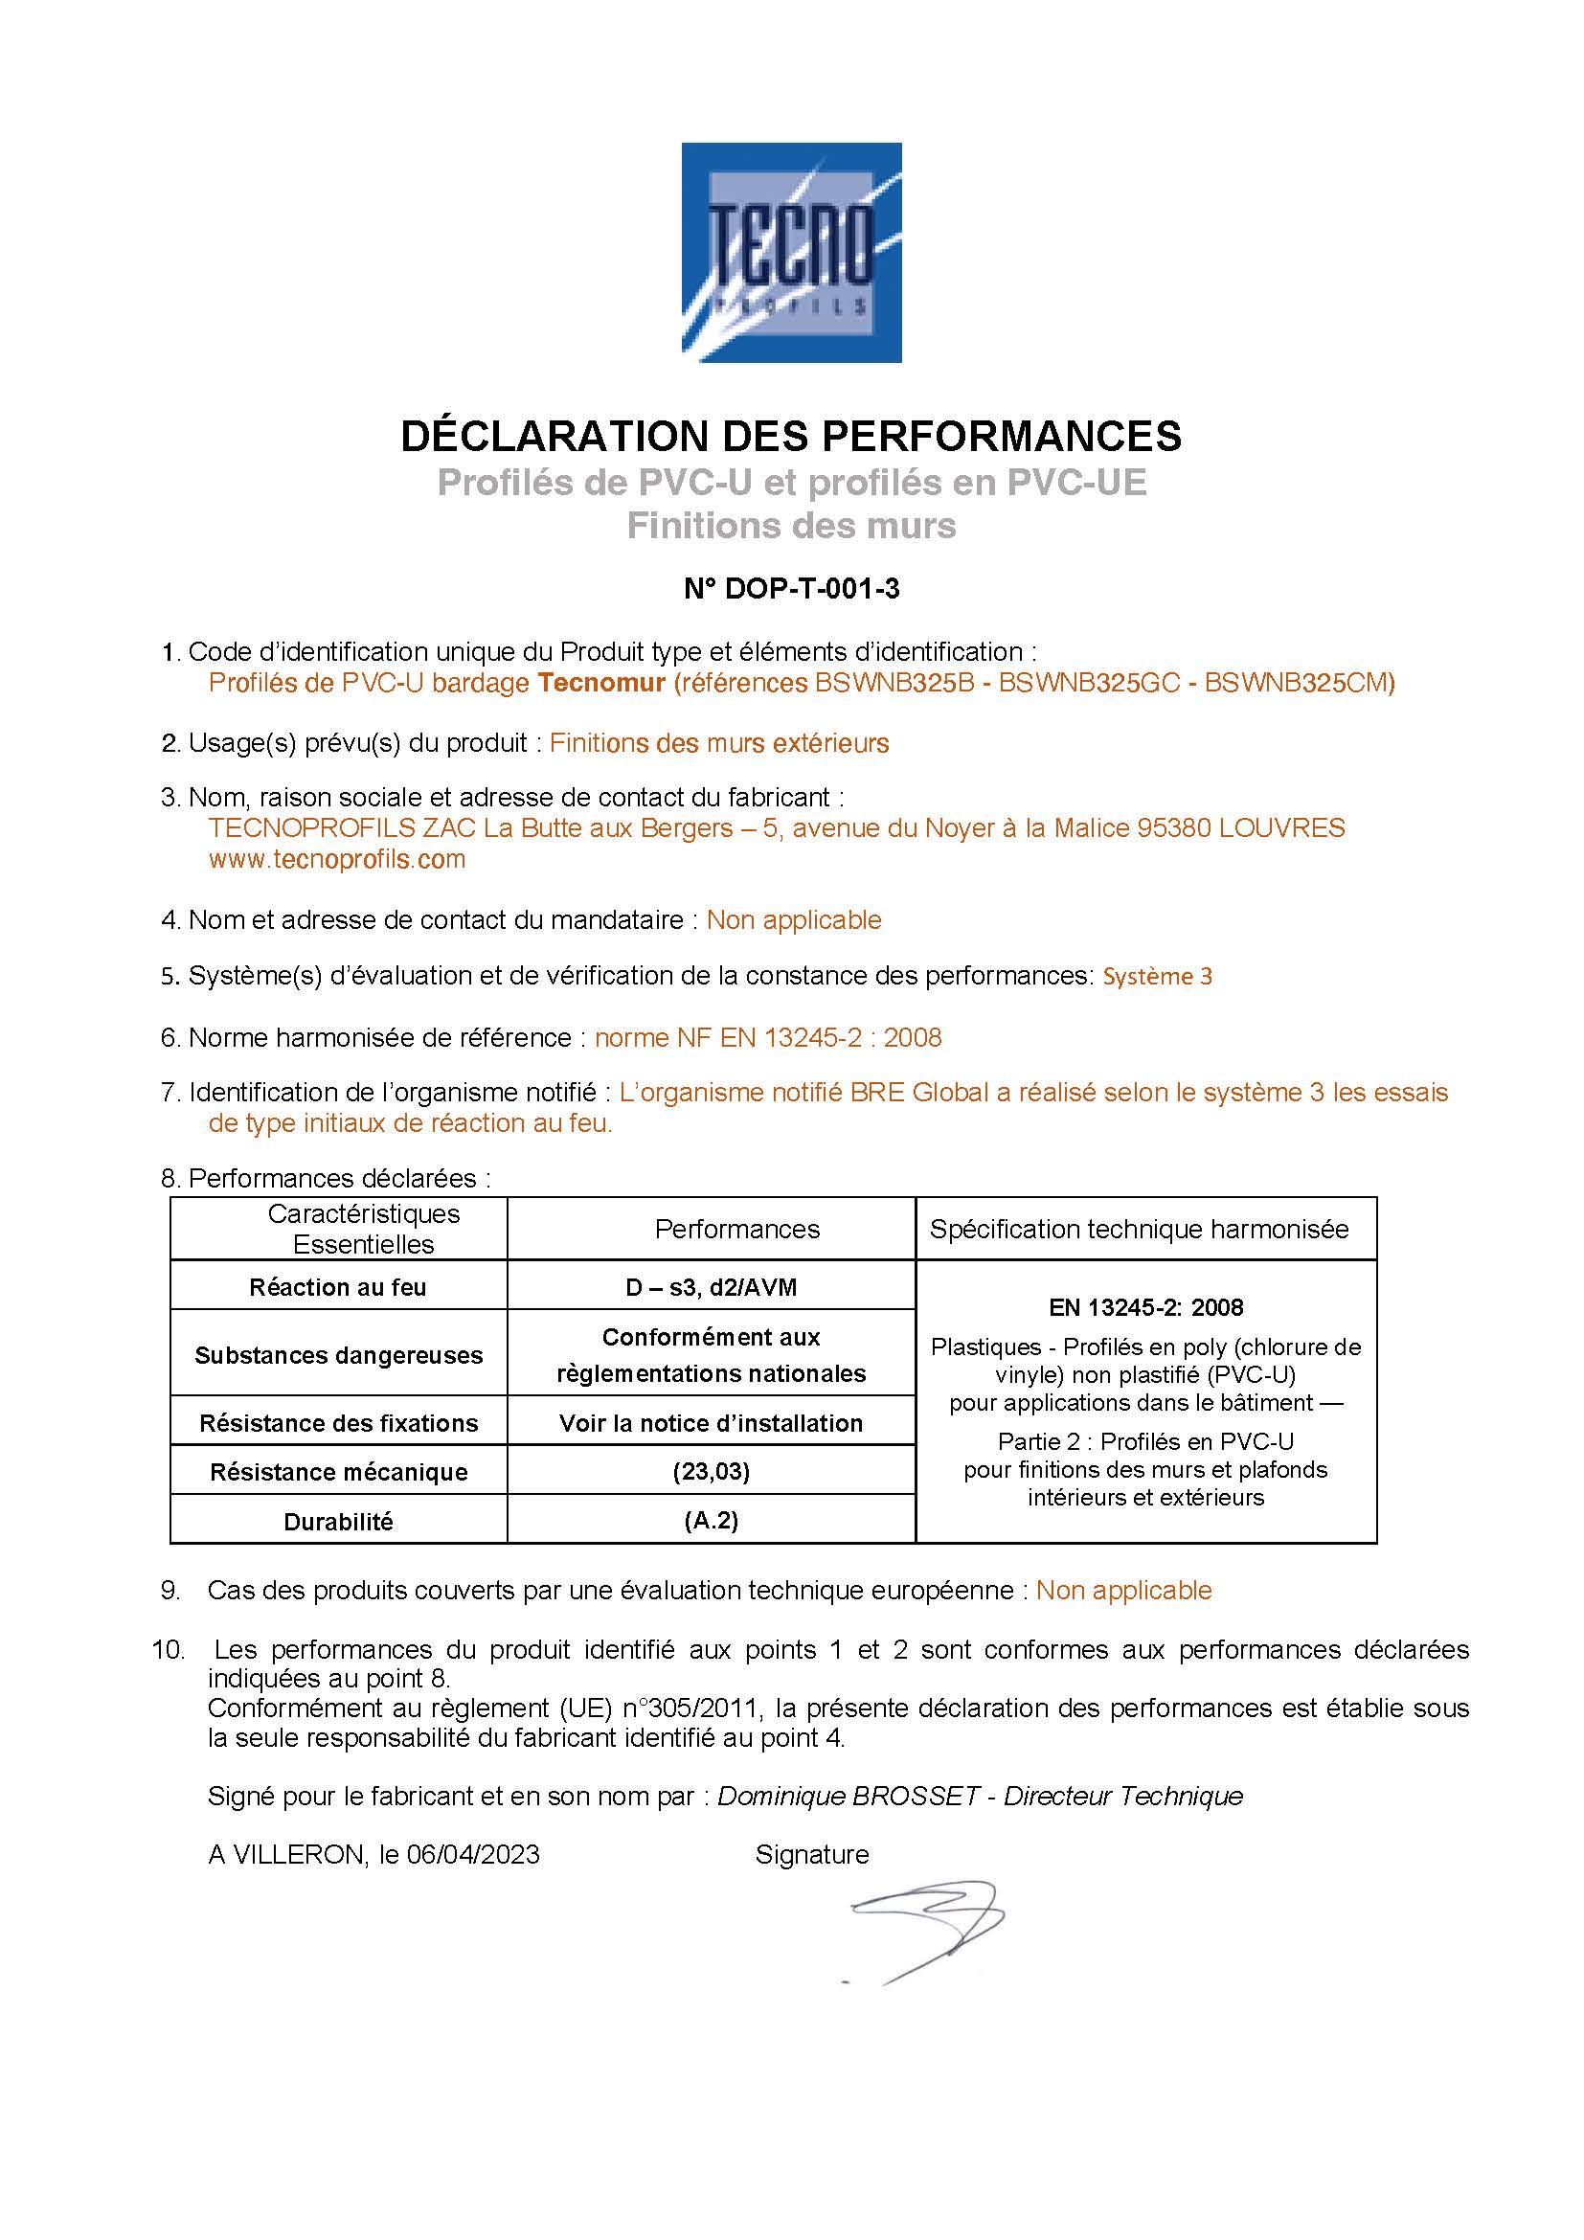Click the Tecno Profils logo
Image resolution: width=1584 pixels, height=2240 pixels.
(x=791, y=252)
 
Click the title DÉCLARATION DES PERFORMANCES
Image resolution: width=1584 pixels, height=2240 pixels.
(x=791, y=436)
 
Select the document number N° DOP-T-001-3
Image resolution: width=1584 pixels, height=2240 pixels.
(x=791, y=589)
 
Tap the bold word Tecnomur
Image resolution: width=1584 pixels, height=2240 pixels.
(x=600, y=683)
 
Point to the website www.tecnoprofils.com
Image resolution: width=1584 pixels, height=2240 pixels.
(x=336, y=859)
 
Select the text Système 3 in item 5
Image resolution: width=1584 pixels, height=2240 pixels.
(x=1157, y=977)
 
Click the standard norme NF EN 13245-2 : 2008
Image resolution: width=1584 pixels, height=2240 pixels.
(x=769, y=1037)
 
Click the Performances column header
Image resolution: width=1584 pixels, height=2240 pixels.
(x=736, y=1230)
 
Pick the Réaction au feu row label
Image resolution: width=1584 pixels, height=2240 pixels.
(x=337, y=1288)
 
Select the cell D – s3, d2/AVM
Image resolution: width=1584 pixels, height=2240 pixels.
(x=711, y=1288)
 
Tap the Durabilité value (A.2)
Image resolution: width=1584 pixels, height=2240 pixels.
(x=711, y=1521)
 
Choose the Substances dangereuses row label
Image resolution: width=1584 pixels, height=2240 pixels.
(x=337, y=1355)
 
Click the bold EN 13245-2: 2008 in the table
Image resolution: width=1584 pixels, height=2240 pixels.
(x=1146, y=1307)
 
